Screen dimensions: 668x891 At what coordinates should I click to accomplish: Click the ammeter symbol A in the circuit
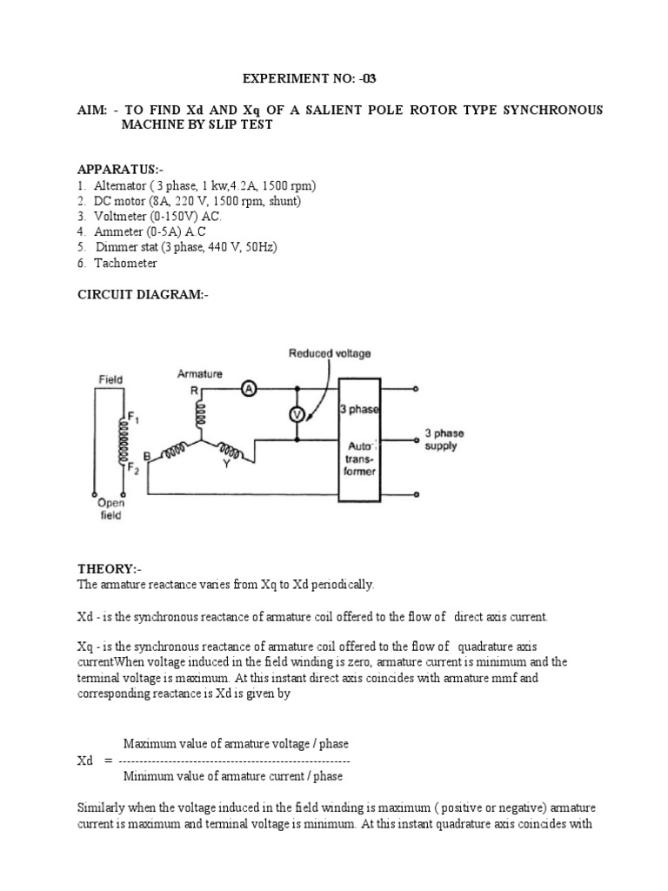point(248,389)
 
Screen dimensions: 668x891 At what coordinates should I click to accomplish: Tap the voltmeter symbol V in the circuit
point(297,415)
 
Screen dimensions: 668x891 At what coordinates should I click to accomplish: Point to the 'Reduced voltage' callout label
point(330,353)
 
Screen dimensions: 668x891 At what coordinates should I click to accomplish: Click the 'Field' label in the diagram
point(110,379)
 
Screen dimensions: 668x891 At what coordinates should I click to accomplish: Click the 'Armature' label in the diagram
point(199,374)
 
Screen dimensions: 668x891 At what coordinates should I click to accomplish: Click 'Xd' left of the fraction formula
point(84,760)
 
